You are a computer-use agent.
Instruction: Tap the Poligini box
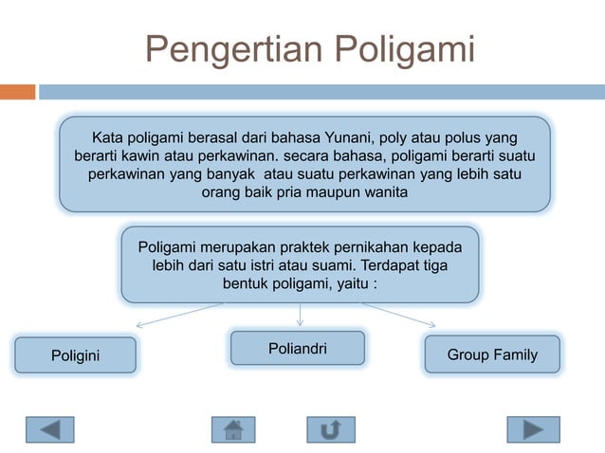75,355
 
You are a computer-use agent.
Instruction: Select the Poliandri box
298,348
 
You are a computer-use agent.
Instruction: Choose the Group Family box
491,354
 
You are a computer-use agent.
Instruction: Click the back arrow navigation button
49,429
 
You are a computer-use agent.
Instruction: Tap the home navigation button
233,429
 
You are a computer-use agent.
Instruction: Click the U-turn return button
331,429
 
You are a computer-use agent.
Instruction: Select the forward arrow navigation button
533,429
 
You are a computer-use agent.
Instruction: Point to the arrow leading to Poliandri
300,315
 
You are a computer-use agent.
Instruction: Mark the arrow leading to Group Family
398,315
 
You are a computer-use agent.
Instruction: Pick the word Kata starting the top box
106,136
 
